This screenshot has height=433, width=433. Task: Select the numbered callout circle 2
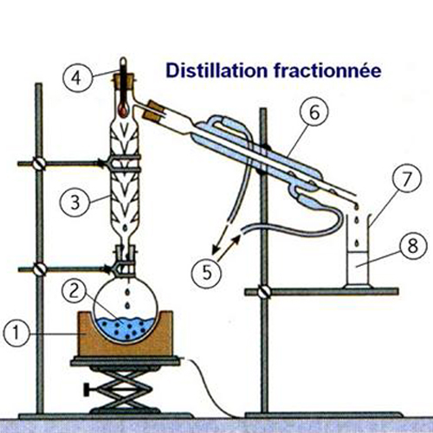pos(74,290)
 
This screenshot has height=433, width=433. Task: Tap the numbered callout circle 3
pos(75,203)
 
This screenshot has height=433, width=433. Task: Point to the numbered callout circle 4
pos(77,78)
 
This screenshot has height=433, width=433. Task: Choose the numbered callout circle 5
pos(207,273)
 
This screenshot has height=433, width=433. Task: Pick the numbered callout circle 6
pos(314,112)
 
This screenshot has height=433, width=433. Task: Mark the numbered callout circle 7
pos(406,178)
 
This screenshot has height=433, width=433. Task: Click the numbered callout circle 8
pos(412,246)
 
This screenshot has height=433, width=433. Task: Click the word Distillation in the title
pos(216,70)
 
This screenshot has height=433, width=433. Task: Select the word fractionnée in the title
pos(328,70)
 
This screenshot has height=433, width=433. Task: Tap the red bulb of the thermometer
pos(123,110)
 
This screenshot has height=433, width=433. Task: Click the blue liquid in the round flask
pos(125,329)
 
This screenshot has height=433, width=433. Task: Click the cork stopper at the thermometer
pos(125,81)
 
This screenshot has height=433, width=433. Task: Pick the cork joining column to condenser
pos(154,111)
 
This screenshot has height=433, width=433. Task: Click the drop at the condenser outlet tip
pos(357,207)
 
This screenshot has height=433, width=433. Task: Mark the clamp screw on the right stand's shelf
pos(264,292)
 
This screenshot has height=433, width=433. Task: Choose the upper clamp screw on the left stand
pos(39,164)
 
